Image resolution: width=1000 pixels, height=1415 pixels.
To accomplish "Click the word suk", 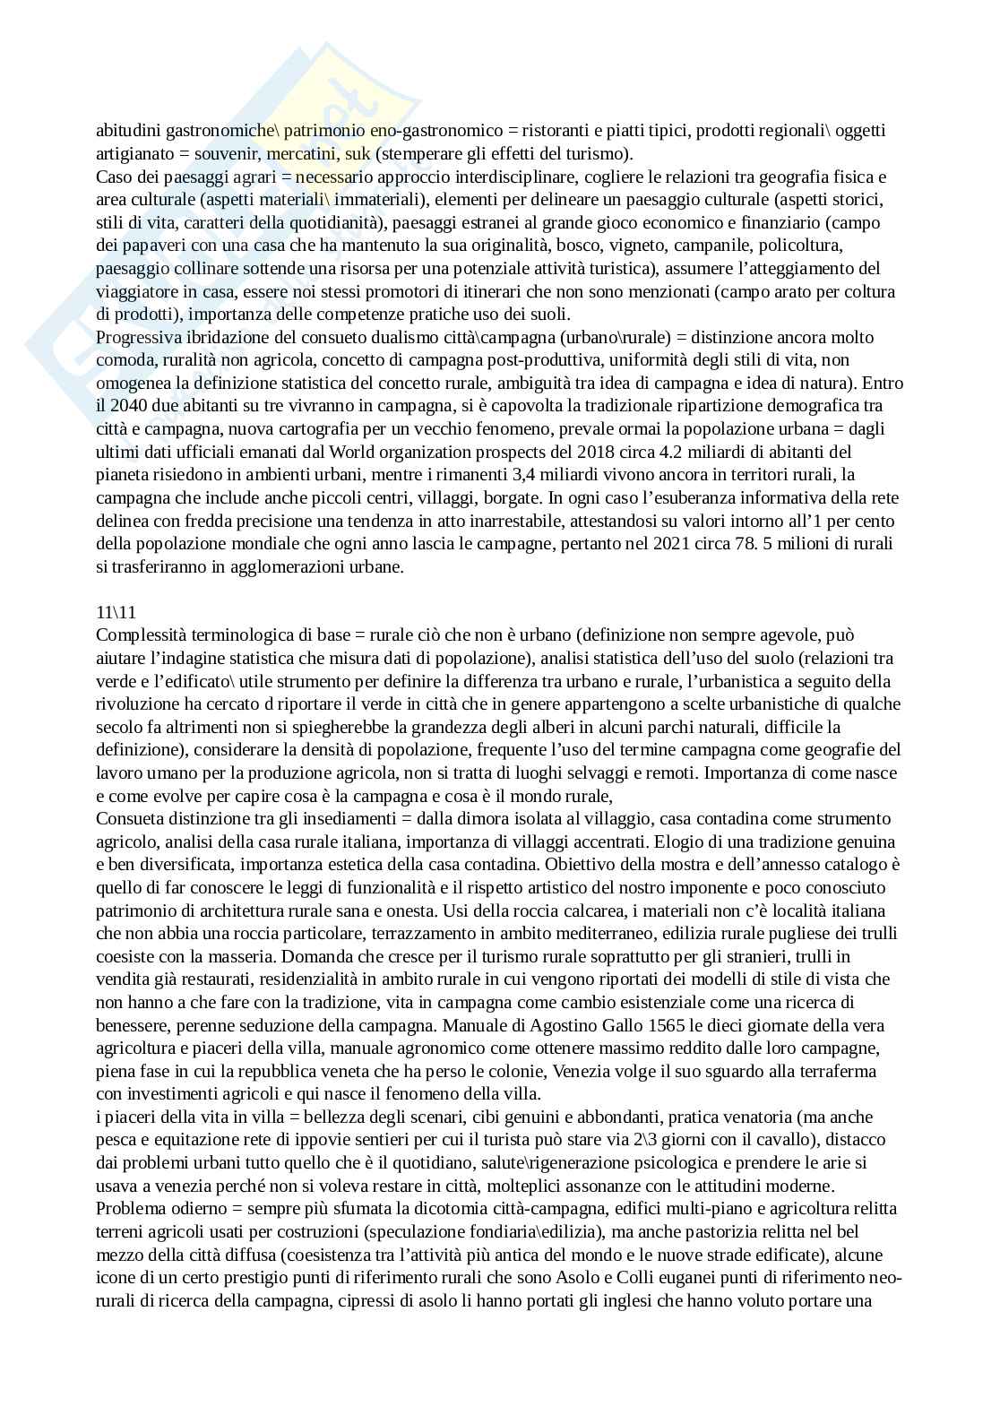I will tap(358, 153).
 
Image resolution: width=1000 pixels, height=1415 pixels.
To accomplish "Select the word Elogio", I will tap(682, 841).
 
